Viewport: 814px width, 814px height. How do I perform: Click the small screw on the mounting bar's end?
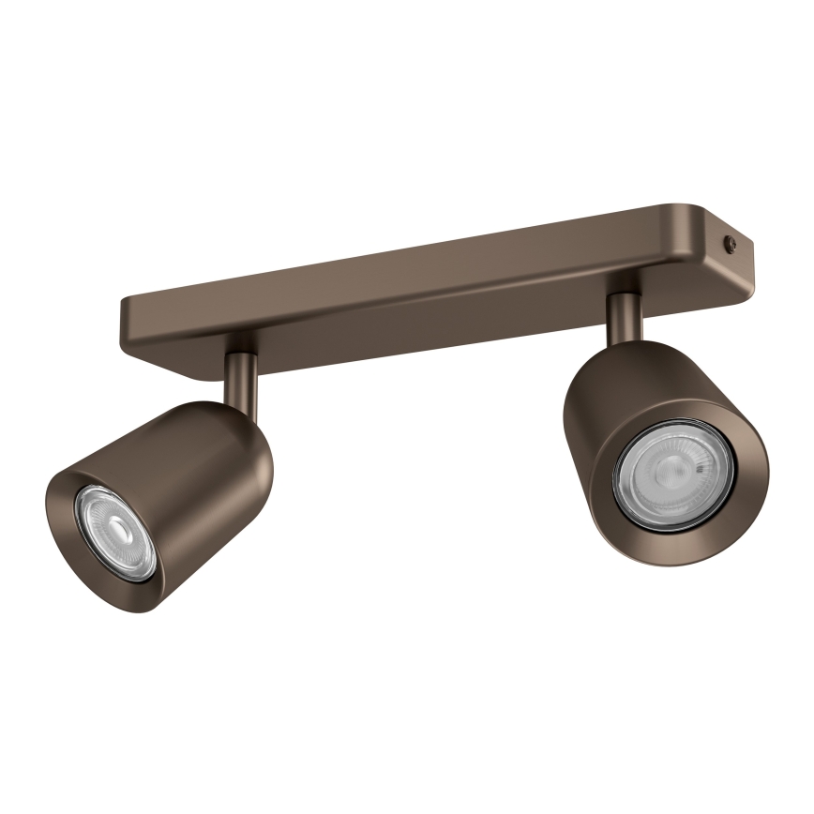click(x=731, y=244)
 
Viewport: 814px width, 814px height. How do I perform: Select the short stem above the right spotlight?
click(x=624, y=316)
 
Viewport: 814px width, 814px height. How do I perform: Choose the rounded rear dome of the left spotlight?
click(x=249, y=431)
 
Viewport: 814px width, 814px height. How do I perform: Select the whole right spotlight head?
click(x=661, y=450)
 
